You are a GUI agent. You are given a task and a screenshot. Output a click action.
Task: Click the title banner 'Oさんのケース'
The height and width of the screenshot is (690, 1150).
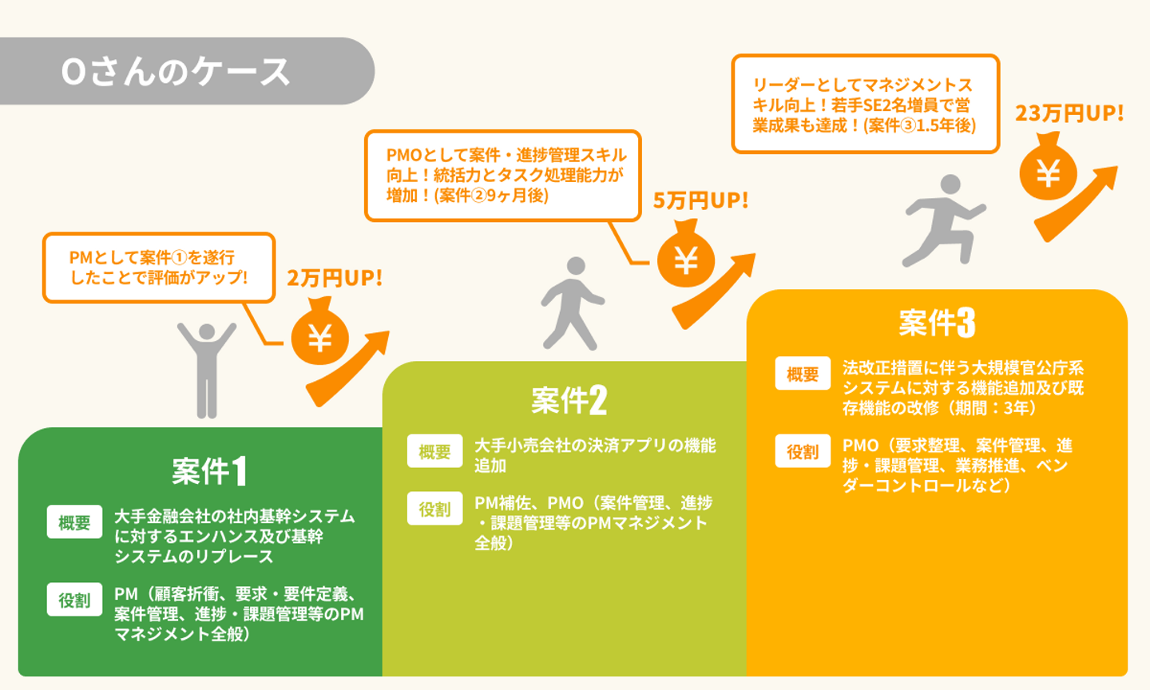tap(176, 71)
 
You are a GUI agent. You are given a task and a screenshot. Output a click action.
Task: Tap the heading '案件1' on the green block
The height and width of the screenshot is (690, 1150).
tap(209, 471)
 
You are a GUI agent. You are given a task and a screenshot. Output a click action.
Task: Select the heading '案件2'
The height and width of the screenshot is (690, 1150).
tap(569, 400)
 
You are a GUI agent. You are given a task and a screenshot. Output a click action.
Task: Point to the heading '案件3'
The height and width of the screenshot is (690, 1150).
tap(937, 323)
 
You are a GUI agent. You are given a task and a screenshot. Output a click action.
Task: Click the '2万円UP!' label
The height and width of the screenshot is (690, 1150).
tap(335, 278)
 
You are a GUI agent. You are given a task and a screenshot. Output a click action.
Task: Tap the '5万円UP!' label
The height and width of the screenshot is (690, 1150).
tap(700, 200)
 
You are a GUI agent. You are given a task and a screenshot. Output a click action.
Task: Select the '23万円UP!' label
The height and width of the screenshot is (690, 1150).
tap(1069, 113)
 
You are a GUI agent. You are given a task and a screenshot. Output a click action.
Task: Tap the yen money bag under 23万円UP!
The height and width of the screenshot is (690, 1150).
tap(1048, 169)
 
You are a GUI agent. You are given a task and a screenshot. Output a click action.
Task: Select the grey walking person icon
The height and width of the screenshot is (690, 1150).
tap(572, 303)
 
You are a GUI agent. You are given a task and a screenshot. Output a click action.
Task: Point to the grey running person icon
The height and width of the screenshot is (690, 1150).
tap(942, 220)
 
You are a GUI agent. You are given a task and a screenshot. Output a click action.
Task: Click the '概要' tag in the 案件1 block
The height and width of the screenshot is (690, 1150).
tap(74, 522)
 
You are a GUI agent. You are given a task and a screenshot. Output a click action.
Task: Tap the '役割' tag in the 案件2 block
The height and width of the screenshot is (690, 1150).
tap(434, 509)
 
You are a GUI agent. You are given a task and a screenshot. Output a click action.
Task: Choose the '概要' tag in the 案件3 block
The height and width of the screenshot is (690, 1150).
tap(803, 374)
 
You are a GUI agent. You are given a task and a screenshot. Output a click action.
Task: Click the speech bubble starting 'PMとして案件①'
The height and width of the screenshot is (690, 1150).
tap(159, 268)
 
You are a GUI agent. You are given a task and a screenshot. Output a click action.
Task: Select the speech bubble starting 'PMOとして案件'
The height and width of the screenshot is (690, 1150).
tap(503, 176)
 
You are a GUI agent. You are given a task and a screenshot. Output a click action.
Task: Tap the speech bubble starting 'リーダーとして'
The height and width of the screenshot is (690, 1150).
tap(865, 104)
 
